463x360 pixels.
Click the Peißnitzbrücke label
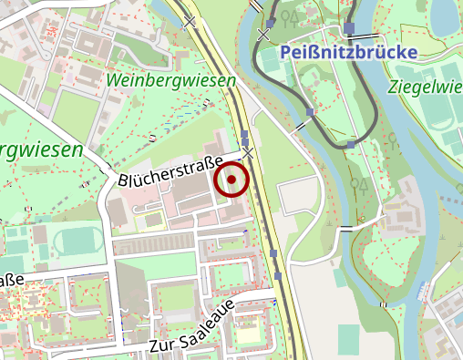[349, 52]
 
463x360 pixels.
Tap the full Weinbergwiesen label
[170, 81]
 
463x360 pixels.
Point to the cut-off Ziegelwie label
[424, 87]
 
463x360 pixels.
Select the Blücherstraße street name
[170, 173]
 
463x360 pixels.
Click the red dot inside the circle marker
[231, 180]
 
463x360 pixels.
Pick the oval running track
[77, 242]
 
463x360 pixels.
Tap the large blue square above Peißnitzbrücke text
[349, 28]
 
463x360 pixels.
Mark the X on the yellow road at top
[190, 20]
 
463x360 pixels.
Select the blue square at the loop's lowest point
[351, 145]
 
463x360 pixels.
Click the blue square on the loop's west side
[311, 112]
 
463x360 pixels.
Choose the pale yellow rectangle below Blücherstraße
[152, 220]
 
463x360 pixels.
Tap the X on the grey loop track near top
[264, 34]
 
